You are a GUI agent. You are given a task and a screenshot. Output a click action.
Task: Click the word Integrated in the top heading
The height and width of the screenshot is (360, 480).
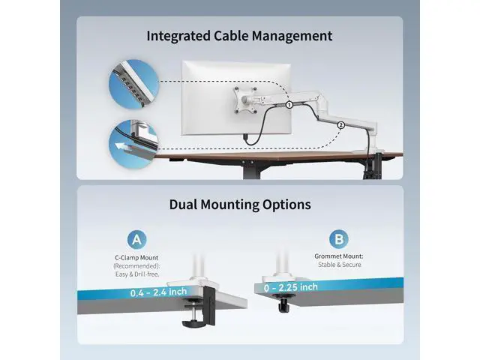click(x=178, y=36)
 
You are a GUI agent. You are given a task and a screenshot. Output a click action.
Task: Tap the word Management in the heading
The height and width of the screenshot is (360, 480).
click(x=292, y=36)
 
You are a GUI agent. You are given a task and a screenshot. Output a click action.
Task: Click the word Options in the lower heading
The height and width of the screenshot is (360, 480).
click(x=282, y=205)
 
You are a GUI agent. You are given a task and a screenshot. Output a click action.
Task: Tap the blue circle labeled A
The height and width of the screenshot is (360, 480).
click(x=136, y=240)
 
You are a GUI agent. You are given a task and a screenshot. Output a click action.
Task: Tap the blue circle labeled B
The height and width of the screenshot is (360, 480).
click(x=339, y=239)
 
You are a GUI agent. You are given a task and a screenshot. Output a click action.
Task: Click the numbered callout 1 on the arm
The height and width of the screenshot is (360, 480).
click(x=289, y=105)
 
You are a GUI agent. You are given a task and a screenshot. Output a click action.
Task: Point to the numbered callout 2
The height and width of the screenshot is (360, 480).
click(x=341, y=125)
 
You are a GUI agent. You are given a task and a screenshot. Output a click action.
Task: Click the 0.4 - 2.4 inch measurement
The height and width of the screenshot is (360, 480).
click(x=158, y=292)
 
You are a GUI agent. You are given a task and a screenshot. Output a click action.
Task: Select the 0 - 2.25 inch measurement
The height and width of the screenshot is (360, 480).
click(x=291, y=287)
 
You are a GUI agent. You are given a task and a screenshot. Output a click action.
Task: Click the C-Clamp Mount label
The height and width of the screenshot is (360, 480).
click(x=136, y=258)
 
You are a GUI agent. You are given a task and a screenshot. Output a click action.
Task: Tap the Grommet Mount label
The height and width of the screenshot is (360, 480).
click(x=339, y=256)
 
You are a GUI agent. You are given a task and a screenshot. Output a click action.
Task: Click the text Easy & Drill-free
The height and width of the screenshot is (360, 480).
click(x=137, y=274)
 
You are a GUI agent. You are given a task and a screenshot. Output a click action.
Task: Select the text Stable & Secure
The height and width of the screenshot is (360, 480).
click(x=340, y=265)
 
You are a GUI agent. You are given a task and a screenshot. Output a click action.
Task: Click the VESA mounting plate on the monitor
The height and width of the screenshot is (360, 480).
click(x=244, y=100)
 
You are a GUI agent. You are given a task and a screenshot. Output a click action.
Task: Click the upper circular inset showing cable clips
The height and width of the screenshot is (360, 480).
click(x=134, y=84)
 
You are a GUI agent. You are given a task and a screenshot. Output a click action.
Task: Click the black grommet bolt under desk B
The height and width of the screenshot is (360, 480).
click(x=283, y=304)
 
